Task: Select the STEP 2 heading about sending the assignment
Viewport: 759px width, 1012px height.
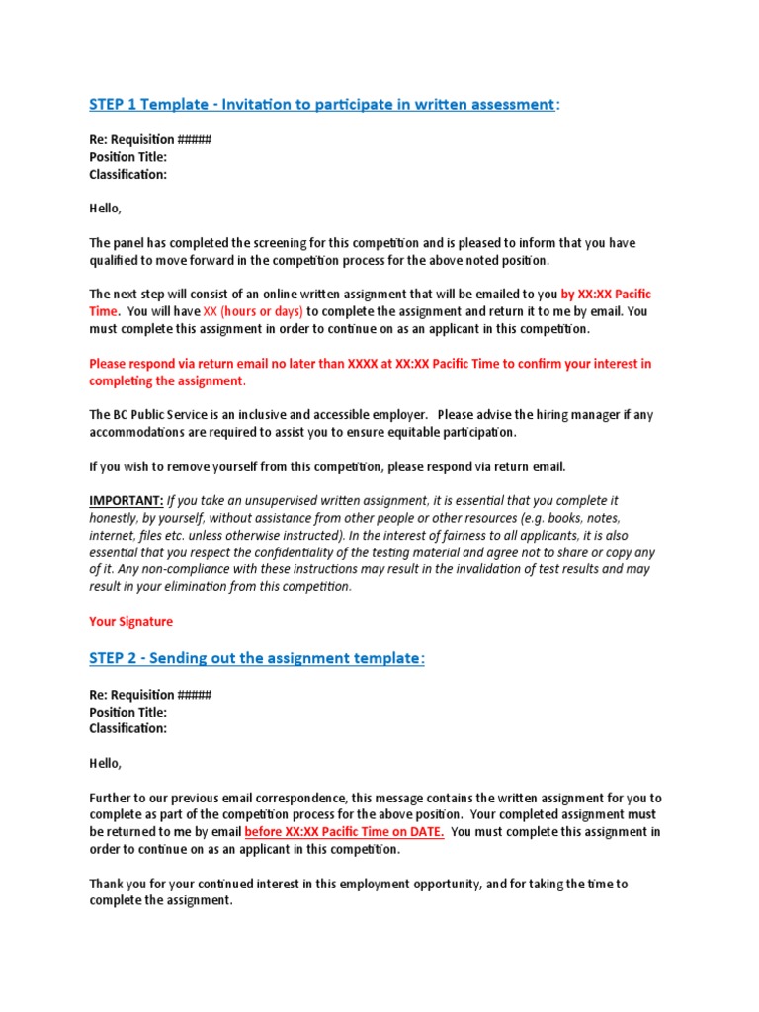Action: tap(257, 658)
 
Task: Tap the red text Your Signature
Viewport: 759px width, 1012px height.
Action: tap(130, 622)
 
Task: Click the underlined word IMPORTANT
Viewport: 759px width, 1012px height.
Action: tap(126, 501)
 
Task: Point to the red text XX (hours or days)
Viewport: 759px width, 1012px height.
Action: tap(253, 311)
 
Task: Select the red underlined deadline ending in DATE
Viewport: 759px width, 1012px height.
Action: tap(344, 832)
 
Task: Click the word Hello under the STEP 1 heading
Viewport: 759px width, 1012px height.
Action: tap(106, 209)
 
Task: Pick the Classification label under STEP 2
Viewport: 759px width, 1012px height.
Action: tap(127, 729)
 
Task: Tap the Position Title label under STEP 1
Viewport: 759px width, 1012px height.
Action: tap(128, 157)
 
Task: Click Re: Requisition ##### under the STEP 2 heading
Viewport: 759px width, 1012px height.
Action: tap(150, 695)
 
